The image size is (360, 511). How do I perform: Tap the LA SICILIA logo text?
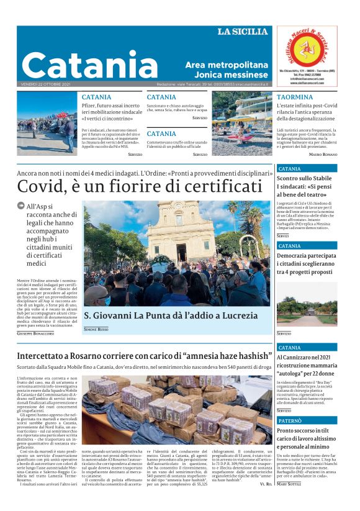point(243,32)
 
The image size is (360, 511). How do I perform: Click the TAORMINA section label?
point(294,97)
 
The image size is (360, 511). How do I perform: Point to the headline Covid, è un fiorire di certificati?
point(140,186)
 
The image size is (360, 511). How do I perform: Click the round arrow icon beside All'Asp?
point(21,207)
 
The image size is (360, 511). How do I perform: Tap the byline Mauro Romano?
point(323,154)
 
